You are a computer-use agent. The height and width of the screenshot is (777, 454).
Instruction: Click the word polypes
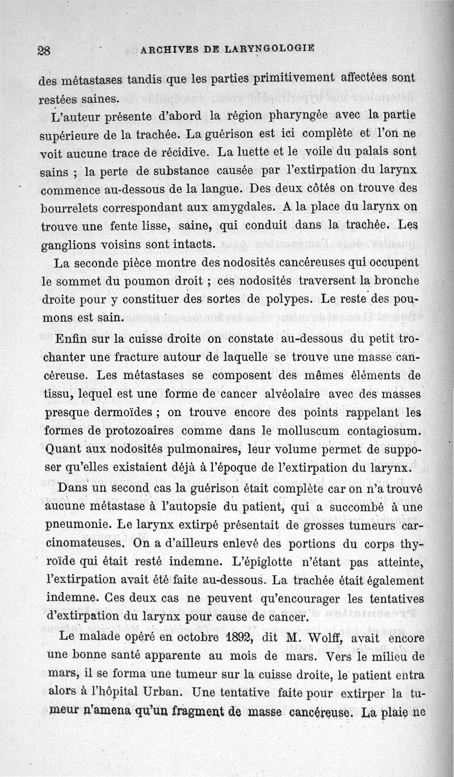tap(285, 299)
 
